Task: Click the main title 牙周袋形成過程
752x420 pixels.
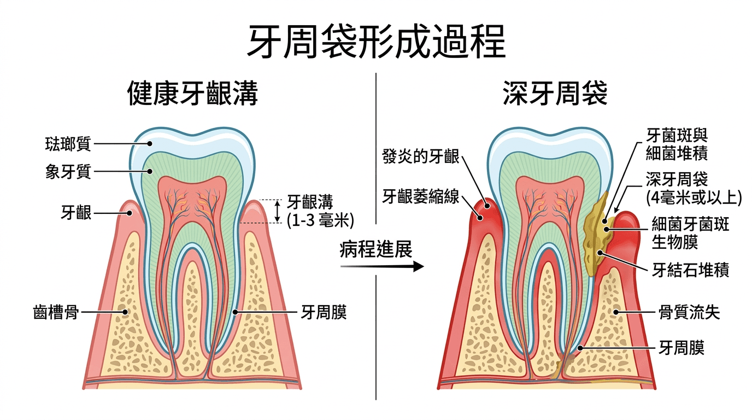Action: pos(376,41)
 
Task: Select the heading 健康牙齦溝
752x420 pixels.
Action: pos(192,94)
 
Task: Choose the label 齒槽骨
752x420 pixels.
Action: pos(56,313)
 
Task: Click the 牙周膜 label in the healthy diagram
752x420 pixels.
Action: pos(324,313)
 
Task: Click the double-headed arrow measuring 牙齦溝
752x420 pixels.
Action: pos(277,211)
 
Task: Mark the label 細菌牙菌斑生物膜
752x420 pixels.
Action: pos(690,232)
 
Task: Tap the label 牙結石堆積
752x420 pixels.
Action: pos(690,270)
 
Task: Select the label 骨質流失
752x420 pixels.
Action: pos(690,313)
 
